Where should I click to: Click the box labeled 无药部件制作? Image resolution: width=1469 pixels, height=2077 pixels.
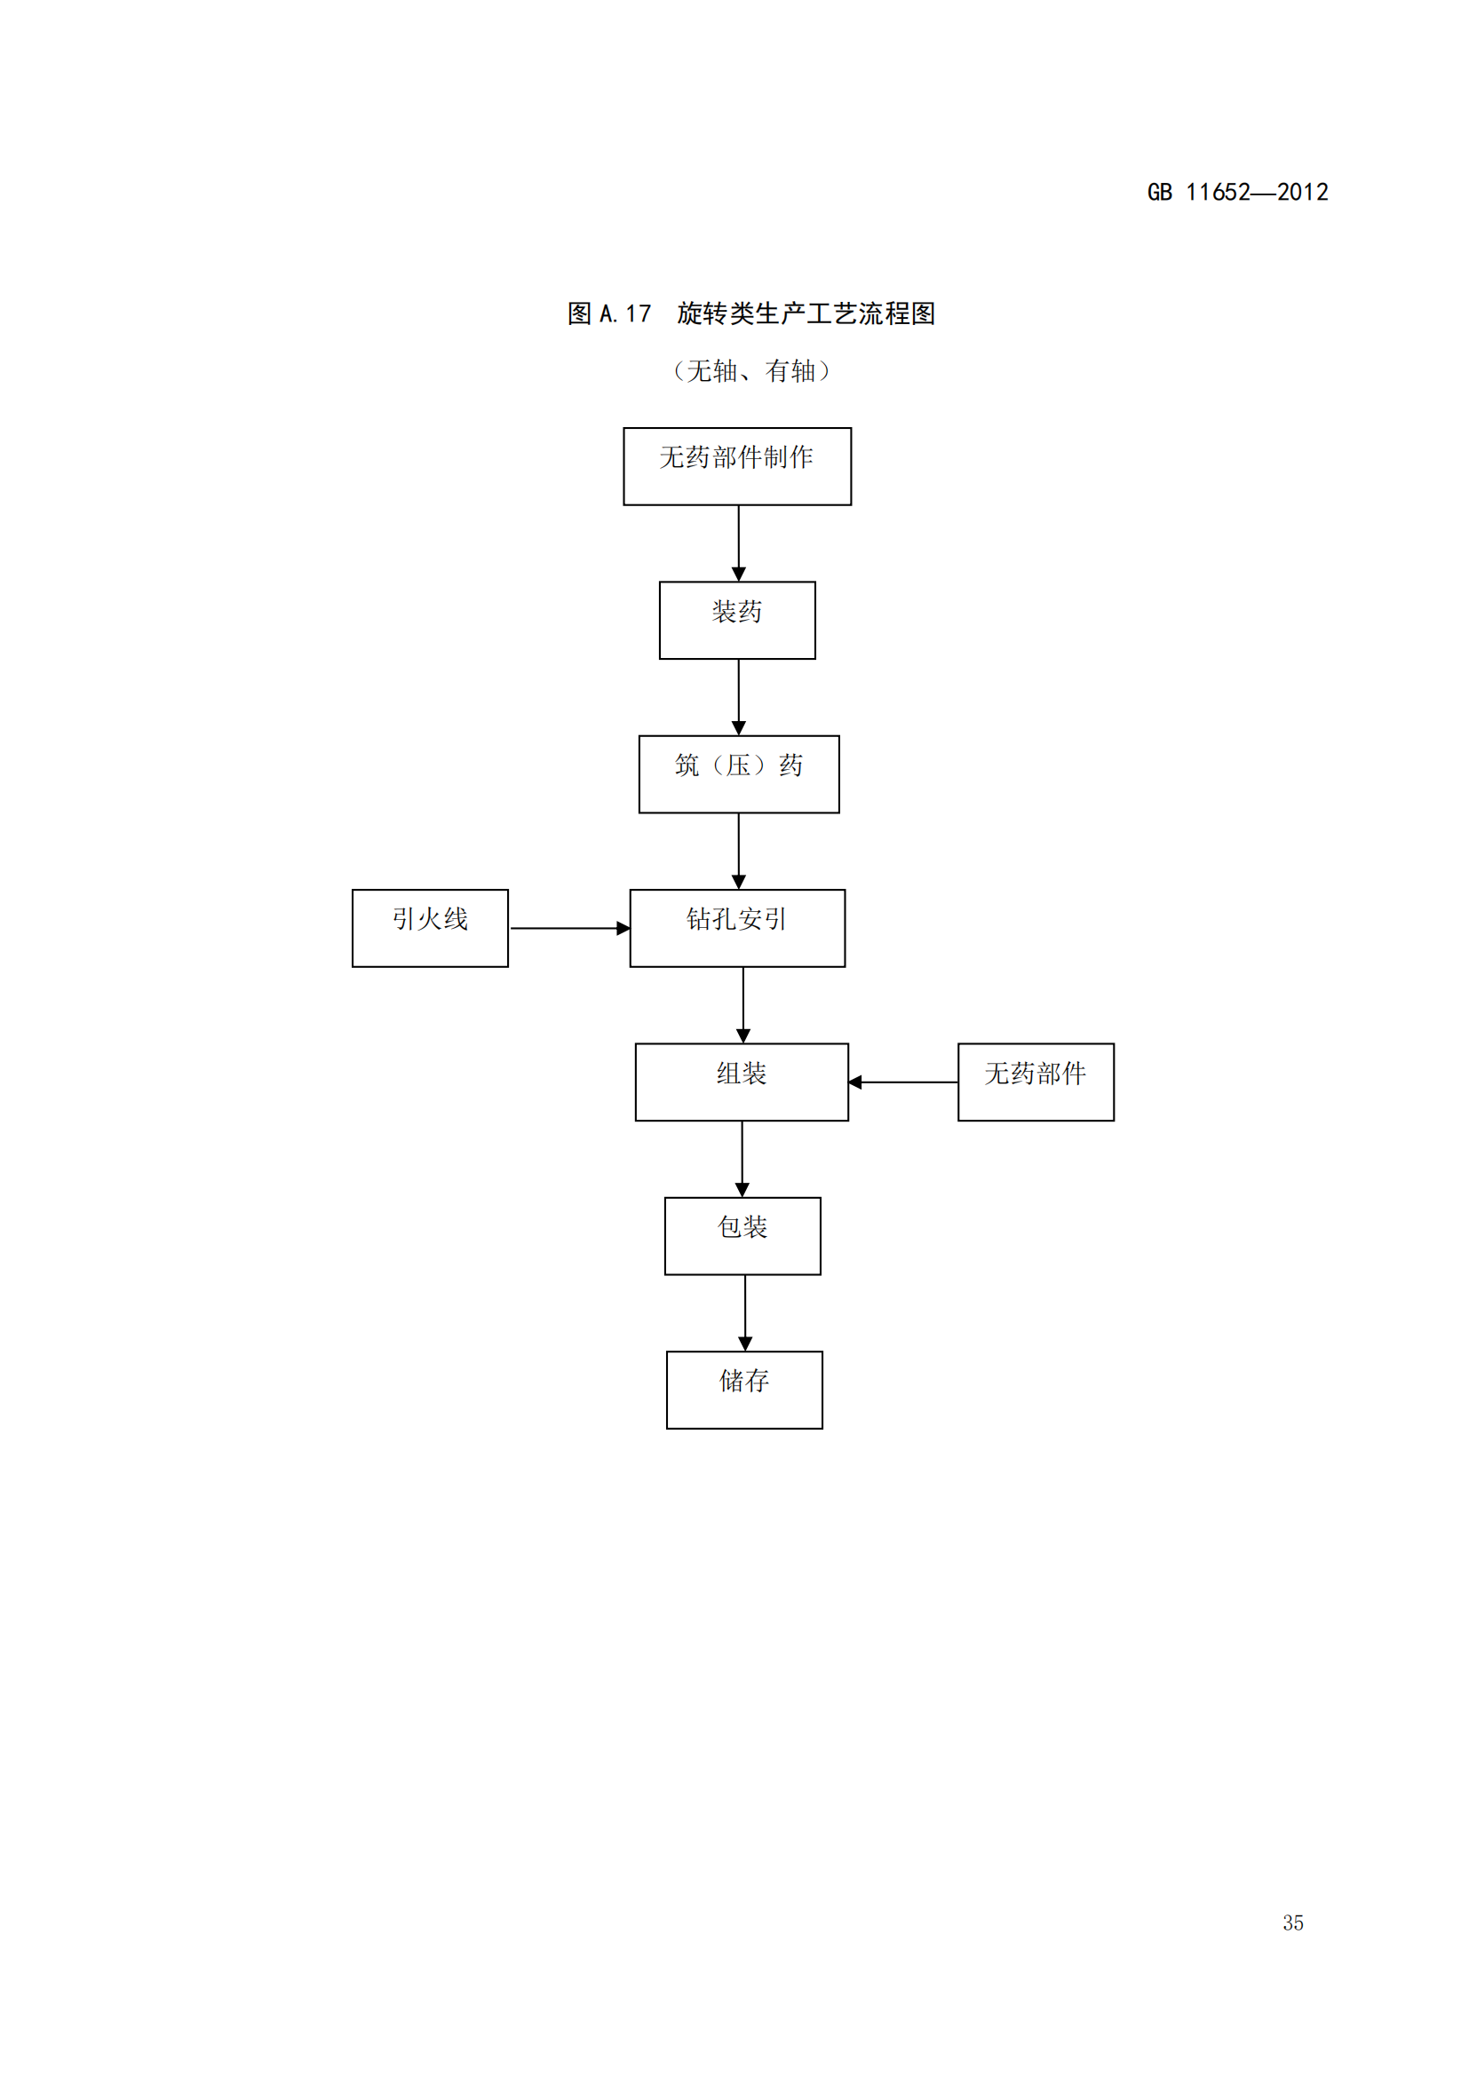[x=737, y=466]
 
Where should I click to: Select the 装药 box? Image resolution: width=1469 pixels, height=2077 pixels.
[x=737, y=620]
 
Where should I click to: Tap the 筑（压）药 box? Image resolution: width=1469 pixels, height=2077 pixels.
[x=739, y=773]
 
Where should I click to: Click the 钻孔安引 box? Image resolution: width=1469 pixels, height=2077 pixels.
[x=737, y=927]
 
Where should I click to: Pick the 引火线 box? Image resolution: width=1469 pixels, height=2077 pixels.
[x=430, y=927]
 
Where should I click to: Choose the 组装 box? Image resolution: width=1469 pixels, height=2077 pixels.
[x=742, y=1082]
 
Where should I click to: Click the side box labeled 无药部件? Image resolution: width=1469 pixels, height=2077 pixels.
[x=1036, y=1082]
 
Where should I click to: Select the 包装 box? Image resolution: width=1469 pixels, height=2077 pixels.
[x=742, y=1236]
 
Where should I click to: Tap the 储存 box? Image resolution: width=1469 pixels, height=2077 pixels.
[x=744, y=1390]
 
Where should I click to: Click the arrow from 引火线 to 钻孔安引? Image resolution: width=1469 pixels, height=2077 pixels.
[x=569, y=928]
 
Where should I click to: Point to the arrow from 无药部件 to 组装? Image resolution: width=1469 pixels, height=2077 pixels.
[x=902, y=1082]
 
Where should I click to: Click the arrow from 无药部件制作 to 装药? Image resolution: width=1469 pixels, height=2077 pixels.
[x=738, y=543]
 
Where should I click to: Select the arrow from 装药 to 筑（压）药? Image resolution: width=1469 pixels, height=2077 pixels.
[x=738, y=696]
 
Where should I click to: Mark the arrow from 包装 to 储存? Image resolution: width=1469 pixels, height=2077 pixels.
[x=744, y=1312]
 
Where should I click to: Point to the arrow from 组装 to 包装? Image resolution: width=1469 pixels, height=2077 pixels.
[x=742, y=1159]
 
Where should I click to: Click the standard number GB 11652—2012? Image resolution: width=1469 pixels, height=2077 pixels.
[x=1237, y=192]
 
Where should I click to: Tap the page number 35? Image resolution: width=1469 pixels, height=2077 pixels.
[x=1292, y=1922]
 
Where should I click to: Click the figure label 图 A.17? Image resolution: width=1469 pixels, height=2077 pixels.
[x=608, y=313]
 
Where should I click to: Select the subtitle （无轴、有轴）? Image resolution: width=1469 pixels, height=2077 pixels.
[x=750, y=371]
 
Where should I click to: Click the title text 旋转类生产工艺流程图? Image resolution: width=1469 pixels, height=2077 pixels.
[x=806, y=313]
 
